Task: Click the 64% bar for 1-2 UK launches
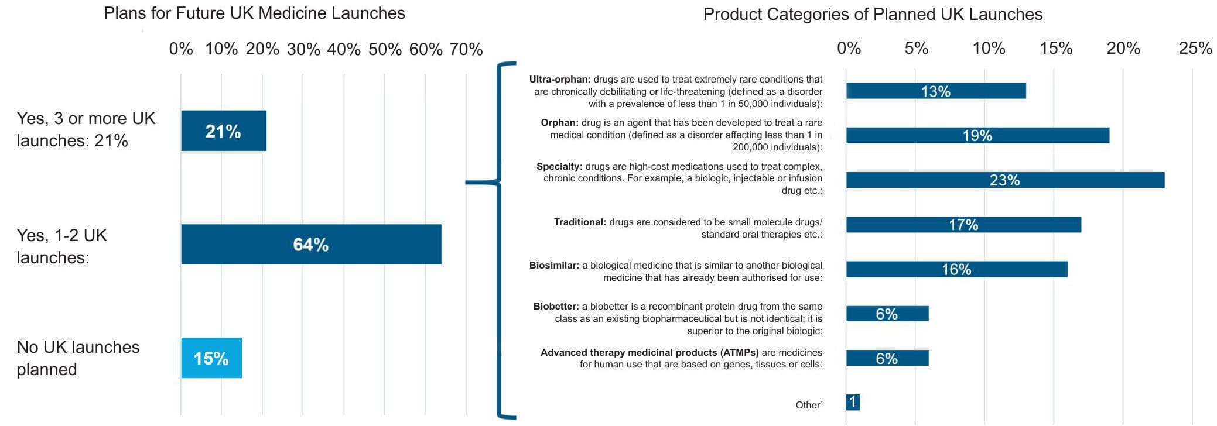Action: [x=311, y=244]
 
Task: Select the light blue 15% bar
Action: [x=211, y=358]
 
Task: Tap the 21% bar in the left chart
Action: [x=224, y=130]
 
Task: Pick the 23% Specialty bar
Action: [x=1005, y=180]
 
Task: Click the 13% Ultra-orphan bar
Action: [x=936, y=91]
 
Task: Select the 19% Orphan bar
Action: [x=977, y=135]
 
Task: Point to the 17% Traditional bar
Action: [x=963, y=224]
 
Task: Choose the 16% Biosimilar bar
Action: [x=956, y=269]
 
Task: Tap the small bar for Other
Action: [x=853, y=402]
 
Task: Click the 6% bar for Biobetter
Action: [x=887, y=314]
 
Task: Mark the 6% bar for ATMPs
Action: [x=887, y=358]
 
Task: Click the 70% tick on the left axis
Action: [x=466, y=49]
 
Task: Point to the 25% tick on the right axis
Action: [x=1195, y=48]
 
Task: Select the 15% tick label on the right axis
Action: [x=1056, y=48]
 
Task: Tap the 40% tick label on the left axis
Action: [x=344, y=49]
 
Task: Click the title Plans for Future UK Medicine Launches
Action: [x=254, y=13]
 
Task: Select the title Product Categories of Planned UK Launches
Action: [x=873, y=14]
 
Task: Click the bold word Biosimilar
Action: [x=554, y=265]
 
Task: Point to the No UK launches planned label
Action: [x=78, y=358]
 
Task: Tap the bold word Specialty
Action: [x=559, y=166]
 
